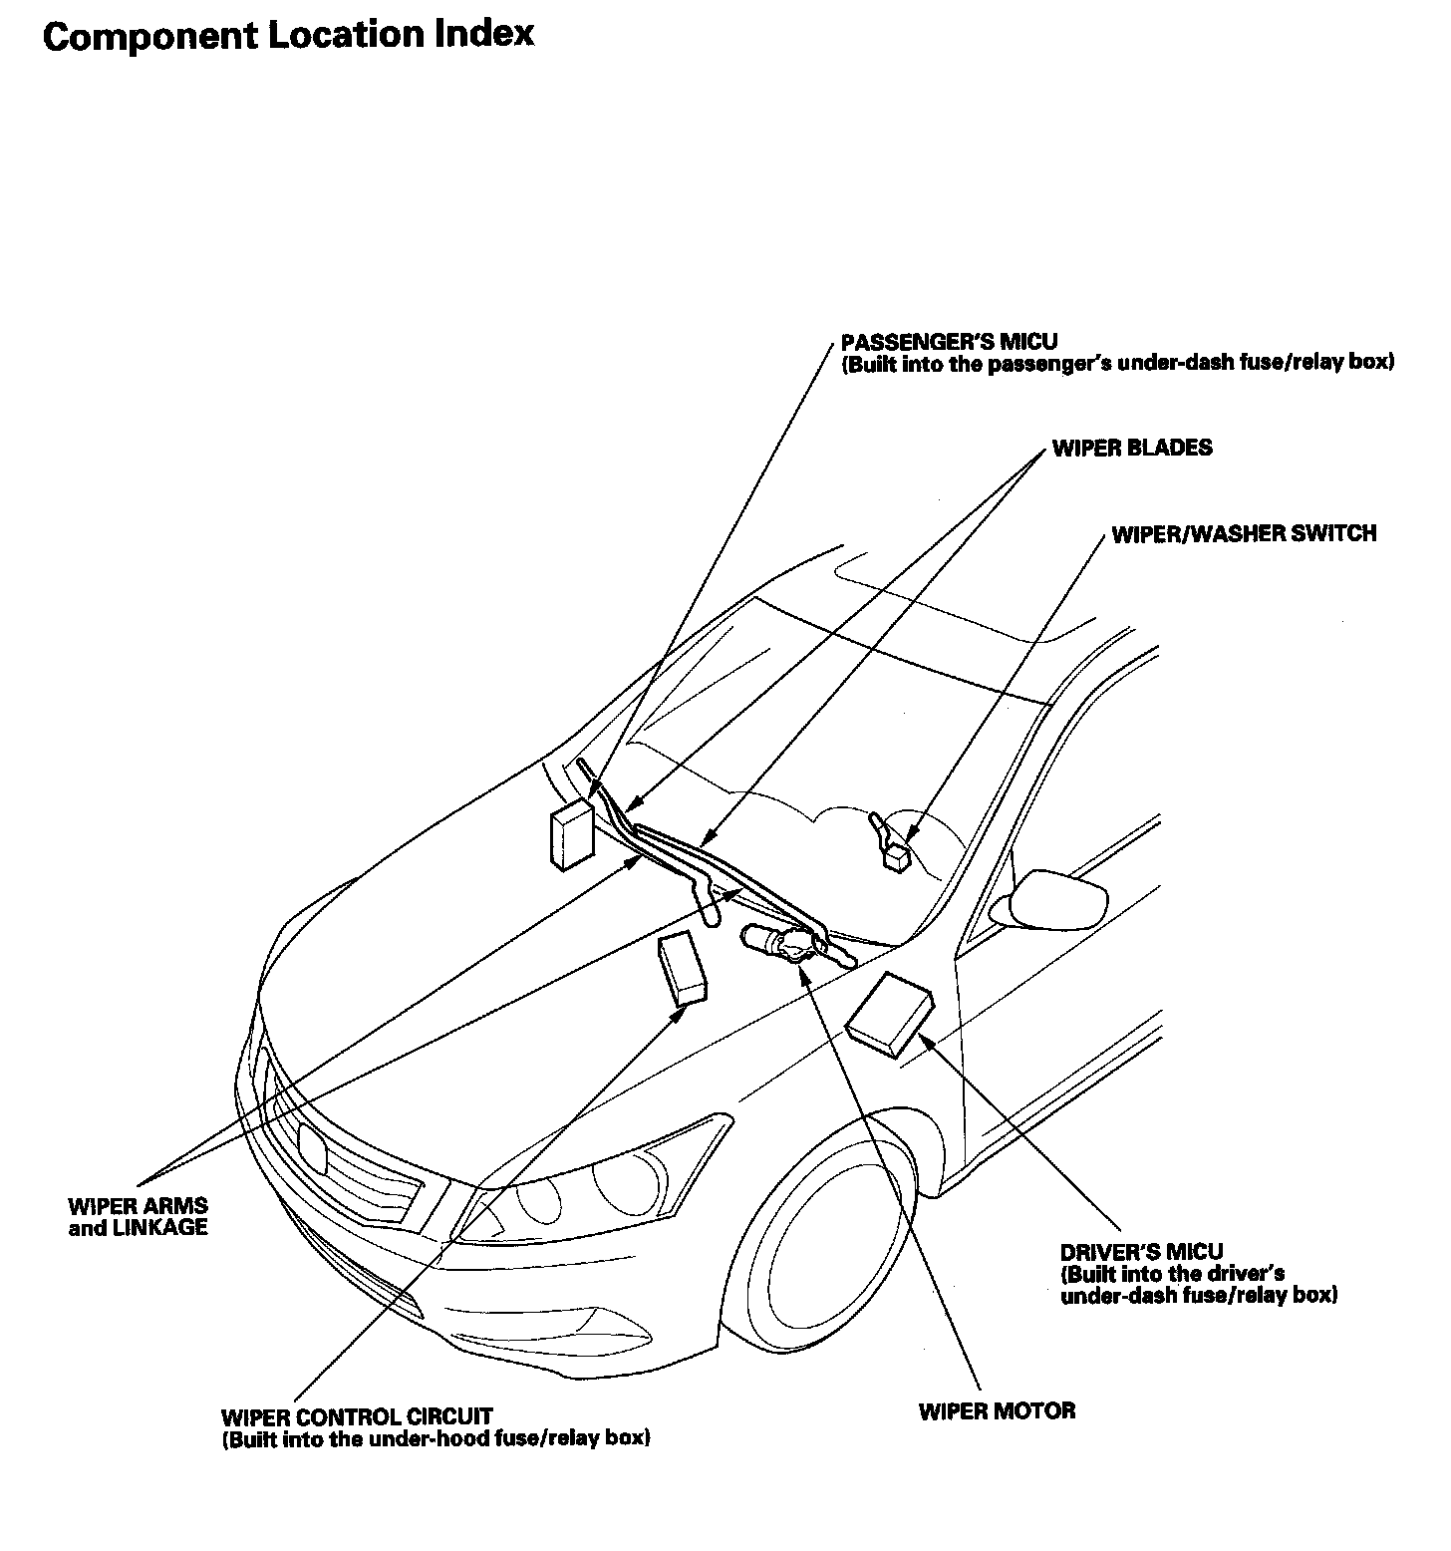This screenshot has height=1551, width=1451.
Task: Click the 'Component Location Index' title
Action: click(x=289, y=36)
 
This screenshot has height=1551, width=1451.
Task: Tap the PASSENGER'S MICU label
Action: click(x=948, y=342)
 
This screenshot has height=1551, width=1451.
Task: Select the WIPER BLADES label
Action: click(x=1132, y=448)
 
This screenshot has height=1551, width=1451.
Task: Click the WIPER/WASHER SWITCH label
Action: click(x=1244, y=533)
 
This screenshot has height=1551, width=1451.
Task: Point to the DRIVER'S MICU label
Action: click(x=1141, y=1251)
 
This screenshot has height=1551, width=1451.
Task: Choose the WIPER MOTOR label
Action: click(x=997, y=1410)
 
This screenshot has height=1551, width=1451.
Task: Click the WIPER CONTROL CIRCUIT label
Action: click(x=357, y=1416)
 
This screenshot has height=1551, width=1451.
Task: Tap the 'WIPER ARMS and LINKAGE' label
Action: click(x=139, y=1217)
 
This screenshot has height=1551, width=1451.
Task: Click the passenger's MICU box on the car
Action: click(x=571, y=834)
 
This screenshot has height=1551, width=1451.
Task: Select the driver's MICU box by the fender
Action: click(x=890, y=1014)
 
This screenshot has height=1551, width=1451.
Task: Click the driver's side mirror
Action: click(x=1058, y=899)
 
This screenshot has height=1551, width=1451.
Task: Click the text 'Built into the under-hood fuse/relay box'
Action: click(x=436, y=1439)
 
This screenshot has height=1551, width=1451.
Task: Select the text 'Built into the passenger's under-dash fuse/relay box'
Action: click(x=1117, y=363)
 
